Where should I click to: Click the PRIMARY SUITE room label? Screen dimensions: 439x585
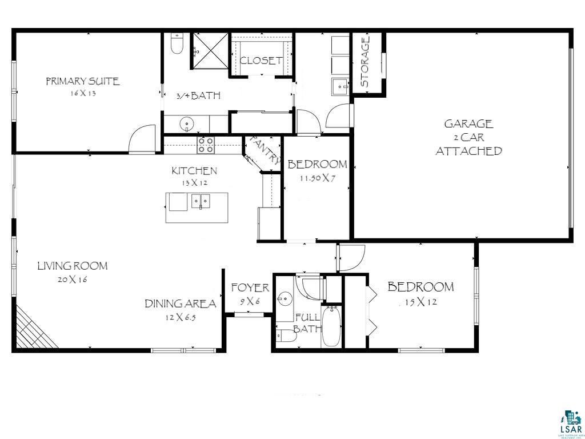83,81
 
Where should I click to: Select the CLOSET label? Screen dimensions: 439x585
261,60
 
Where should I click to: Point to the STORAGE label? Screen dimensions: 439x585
365,62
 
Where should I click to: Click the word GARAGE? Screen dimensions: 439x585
468,123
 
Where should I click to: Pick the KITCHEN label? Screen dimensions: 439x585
194,170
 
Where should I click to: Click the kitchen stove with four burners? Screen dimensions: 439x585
206,145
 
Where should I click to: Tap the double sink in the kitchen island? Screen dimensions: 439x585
201,201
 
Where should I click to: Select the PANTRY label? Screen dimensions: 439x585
265,149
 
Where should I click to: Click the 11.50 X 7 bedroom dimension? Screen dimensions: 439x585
317,178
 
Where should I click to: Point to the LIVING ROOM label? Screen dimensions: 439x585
73,266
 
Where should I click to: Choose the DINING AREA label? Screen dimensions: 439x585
180,304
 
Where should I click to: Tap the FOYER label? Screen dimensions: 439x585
250,288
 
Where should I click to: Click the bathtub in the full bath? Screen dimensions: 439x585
331,327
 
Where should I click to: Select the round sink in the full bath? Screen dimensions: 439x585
285,298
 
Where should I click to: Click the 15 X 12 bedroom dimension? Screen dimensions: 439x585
421,302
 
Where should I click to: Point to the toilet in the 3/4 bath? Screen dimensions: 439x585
177,44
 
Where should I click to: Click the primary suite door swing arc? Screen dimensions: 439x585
141,139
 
